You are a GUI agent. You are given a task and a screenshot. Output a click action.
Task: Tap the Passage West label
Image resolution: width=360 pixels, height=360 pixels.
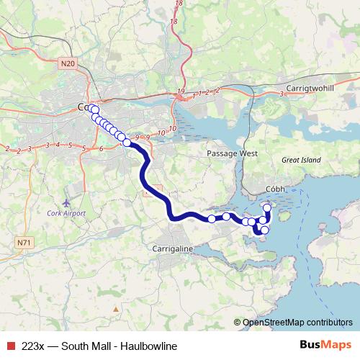coord(232,153)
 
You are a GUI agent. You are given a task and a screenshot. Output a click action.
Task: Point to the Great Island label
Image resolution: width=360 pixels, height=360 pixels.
coord(300,159)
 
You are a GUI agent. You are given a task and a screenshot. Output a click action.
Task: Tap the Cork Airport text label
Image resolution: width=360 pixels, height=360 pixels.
coord(66,213)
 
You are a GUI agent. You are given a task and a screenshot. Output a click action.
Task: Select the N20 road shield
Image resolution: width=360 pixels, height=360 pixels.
coord(68,63)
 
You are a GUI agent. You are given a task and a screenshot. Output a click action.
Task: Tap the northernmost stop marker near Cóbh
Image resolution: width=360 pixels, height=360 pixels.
coord(267,208)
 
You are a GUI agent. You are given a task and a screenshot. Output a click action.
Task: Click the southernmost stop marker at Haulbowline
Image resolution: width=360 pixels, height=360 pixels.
coord(264,230)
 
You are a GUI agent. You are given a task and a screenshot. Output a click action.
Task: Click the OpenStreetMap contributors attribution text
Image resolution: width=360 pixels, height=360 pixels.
coord(297,323)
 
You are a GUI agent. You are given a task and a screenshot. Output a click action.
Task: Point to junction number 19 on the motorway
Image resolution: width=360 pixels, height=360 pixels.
coord(180,91)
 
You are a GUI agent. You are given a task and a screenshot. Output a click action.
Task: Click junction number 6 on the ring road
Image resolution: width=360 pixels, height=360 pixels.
coord(102,148)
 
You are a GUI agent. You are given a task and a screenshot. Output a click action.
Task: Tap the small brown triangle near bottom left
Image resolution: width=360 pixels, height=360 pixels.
coord(115,310)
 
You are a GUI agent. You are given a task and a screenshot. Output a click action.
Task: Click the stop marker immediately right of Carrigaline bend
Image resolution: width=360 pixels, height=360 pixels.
coord(212,218)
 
